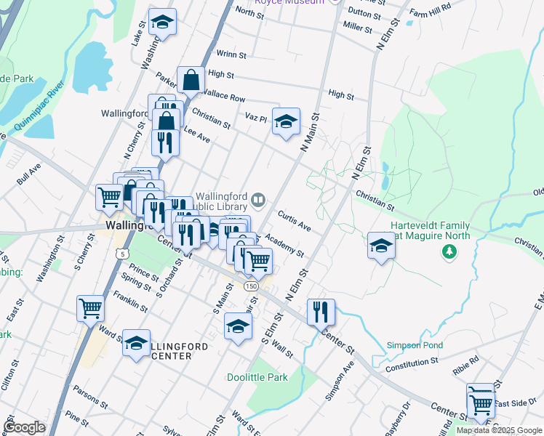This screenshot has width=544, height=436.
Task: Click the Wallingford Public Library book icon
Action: point(258,199)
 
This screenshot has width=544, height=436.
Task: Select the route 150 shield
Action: point(251,287)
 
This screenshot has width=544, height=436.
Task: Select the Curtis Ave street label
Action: point(295,222)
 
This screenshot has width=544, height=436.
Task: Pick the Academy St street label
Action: point(284,245)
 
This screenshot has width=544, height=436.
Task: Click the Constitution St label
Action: point(412,361)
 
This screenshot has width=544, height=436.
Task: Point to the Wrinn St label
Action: point(231,54)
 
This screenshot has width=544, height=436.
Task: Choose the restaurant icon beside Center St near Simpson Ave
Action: point(321,311)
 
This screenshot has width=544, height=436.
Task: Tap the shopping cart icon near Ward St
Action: point(91,308)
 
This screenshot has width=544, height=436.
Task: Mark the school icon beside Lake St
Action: point(163,22)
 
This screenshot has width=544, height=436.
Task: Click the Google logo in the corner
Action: point(25,427)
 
